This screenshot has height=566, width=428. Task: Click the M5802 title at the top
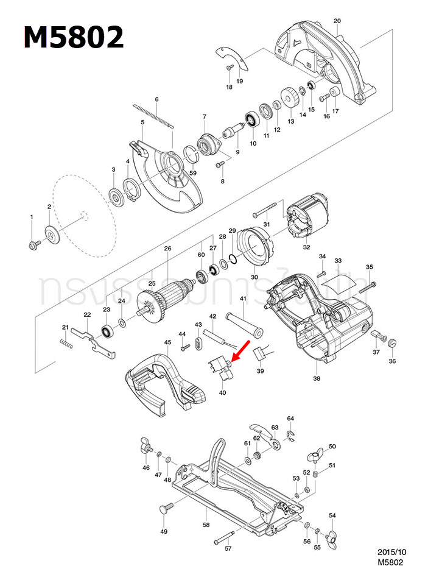(x=74, y=38)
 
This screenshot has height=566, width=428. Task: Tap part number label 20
(x=337, y=21)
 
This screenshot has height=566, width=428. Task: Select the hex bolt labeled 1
(x=33, y=245)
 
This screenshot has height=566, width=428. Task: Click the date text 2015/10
(x=391, y=551)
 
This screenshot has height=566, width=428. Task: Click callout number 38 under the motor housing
(x=317, y=378)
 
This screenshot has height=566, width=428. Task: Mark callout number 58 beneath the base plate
(x=206, y=523)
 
